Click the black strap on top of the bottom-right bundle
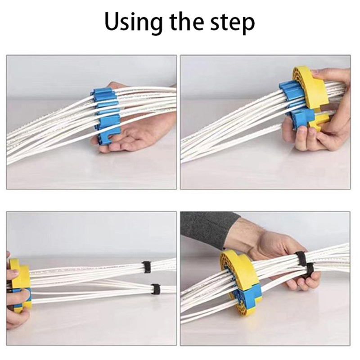click(301, 259)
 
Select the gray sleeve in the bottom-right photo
click(209, 229)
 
